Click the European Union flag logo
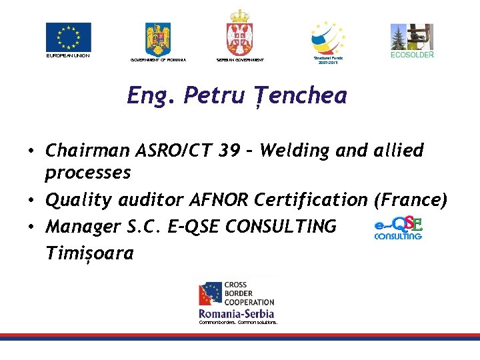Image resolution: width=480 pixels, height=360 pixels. pos(68,37)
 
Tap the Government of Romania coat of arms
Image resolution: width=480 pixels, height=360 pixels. pos(158,39)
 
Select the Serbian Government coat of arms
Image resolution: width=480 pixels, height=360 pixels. pos(239,33)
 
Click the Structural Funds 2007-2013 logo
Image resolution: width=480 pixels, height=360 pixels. pos(328,37)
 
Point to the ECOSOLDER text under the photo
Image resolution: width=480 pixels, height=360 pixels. pos(411,55)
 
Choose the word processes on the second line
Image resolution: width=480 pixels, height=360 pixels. pos(87,173)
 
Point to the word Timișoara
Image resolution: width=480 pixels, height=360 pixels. pos(89,254)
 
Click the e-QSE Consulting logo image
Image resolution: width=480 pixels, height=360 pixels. pos(398,227)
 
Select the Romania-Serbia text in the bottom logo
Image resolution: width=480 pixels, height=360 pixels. pos(237,313)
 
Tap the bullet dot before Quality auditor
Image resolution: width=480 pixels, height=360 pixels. pos(32,200)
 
